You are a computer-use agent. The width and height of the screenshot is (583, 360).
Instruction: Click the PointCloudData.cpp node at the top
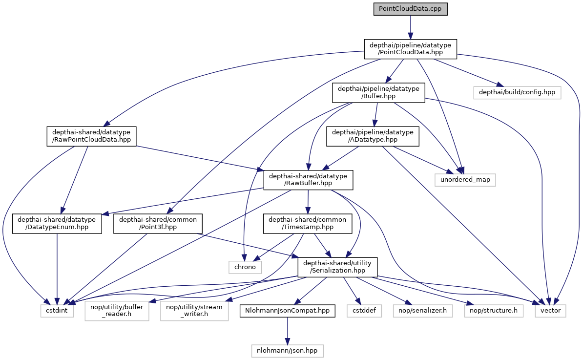(410, 9)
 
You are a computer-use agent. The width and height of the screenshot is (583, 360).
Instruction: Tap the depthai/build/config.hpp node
(517, 92)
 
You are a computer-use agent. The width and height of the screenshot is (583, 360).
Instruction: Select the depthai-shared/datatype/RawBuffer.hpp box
(308, 180)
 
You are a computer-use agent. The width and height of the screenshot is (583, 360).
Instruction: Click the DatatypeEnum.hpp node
(57, 223)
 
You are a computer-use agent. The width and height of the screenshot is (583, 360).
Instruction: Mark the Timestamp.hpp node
(308, 223)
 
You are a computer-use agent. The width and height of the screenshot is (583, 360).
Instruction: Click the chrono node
(245, 267)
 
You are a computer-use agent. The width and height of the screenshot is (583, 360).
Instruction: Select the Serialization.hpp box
(337, 267)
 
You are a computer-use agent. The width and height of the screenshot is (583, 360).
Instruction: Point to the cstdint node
(57, 310)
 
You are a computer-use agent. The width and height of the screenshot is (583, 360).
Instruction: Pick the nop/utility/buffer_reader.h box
(117, 310)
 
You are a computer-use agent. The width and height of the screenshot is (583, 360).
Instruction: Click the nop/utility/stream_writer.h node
(194, 310)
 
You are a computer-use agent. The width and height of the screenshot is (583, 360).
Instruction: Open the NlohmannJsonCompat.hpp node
(287, 310)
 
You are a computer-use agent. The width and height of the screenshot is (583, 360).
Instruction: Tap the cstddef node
(362, 310)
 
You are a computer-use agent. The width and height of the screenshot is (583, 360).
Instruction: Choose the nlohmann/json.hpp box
(287, 350)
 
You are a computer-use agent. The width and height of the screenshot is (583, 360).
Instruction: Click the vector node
(551, 310)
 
